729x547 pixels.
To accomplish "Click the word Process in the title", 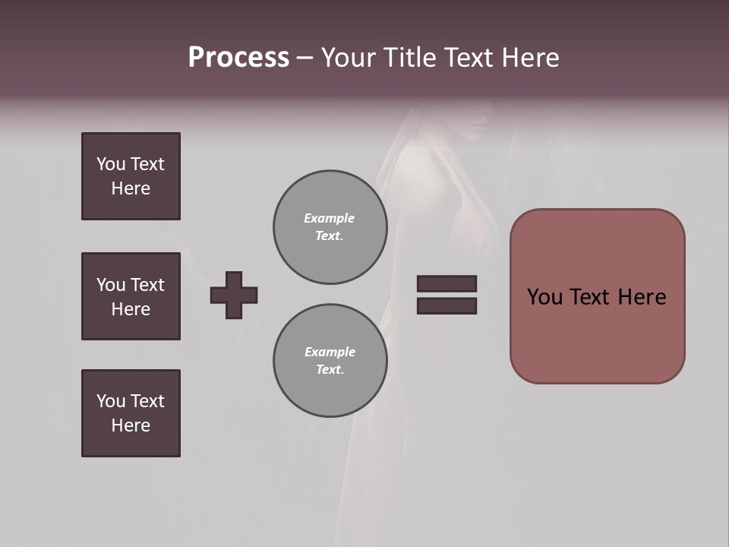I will (238, 58).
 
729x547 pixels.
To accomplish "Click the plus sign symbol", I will (234, 295).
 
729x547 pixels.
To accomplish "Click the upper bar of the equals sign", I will (447, 283).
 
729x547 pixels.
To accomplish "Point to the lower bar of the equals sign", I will (447, 305).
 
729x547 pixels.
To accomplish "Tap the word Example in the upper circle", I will (329, 218).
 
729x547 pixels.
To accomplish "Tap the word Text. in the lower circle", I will (330, 370).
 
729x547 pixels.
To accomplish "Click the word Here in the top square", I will (131, 188).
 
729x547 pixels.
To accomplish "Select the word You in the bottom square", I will (111, 401).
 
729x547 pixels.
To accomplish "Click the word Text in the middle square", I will (147, 285).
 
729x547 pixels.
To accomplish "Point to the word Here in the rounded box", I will (642, 297).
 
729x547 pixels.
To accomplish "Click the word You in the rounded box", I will (544, 297).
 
